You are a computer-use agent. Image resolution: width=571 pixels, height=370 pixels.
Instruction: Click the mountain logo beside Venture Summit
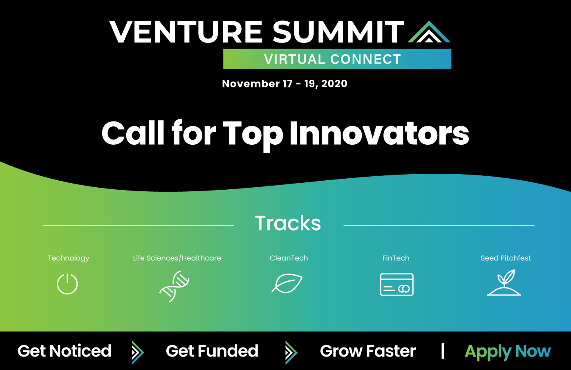[x=429, y=33]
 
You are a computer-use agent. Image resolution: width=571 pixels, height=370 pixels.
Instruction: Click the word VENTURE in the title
[x=186, y=32]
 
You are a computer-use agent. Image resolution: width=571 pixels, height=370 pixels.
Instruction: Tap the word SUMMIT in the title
[x=338, y=32]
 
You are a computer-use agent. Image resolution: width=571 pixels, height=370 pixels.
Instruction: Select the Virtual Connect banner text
[x=332, y=59]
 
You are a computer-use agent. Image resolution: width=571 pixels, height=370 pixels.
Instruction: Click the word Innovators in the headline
[x=379, y=133]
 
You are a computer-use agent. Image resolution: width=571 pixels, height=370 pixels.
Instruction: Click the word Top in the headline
[x=252, y=134]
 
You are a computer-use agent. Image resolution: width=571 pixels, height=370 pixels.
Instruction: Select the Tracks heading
[x=288, y=223]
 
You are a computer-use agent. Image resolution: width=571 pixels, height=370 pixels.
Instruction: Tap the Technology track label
[x=68, y=258]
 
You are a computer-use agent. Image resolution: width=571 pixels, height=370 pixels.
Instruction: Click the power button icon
[x=67, y=284]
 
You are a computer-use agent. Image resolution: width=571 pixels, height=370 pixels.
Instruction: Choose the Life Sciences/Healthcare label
[x=177, y=258]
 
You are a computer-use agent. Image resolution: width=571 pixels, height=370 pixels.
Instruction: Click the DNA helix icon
[x=174, y=286]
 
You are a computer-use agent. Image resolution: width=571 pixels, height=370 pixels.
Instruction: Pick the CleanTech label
[x=289, y=258]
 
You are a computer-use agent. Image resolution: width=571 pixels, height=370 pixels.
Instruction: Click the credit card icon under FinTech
[x=396, y=285]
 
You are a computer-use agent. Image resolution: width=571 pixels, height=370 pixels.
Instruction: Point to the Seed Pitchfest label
[x=506, y=258]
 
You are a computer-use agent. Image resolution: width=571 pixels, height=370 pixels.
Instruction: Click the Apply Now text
[x=508, y=352]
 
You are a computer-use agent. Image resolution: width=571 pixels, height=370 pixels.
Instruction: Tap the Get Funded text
[x=212, y=351]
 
